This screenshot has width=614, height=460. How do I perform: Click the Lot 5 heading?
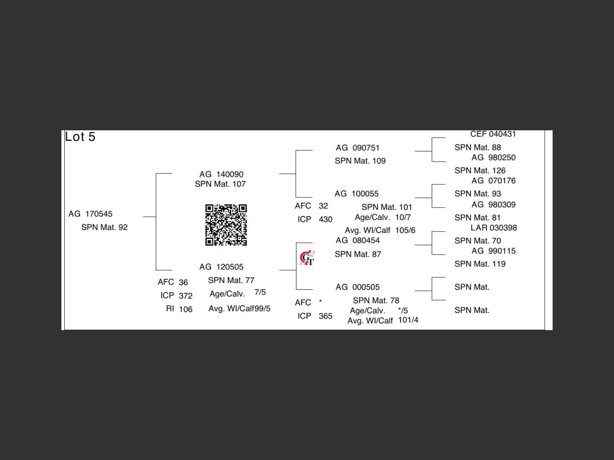(x=80, y=137)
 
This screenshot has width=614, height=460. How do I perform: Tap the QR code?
(x=226, y=225)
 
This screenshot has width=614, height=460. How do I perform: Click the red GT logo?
(x=307, y=258)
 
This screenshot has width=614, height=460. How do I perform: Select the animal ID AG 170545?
(x=90, y=214)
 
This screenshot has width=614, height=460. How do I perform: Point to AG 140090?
(x=221, y=174)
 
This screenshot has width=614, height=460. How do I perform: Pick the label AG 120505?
(x=221, y=267)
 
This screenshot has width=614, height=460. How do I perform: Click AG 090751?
(x=357, y=148)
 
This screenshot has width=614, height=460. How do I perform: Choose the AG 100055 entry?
(x=356, y=194)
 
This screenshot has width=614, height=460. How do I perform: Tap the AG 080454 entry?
(x=357, y=241)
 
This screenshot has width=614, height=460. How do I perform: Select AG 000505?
(x=357, y=287)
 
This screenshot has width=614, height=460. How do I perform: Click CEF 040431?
(x=493, y=134)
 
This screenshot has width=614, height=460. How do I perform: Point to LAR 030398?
(x=494, y=228)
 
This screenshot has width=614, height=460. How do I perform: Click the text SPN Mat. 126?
(x=480, y=171)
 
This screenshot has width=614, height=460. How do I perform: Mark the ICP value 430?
(x=325, y=219)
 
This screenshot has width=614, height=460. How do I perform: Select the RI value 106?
(x=186, y=310)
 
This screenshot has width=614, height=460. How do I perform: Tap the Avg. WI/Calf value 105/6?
(x=405, y=230)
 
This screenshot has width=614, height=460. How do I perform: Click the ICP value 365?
(x=325, y=316)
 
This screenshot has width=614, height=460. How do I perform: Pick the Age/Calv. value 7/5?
(x=260, y=292)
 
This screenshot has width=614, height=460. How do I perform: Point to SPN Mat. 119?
(x=480, y=264)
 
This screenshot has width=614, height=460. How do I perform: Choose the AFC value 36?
(x=183, y=283)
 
